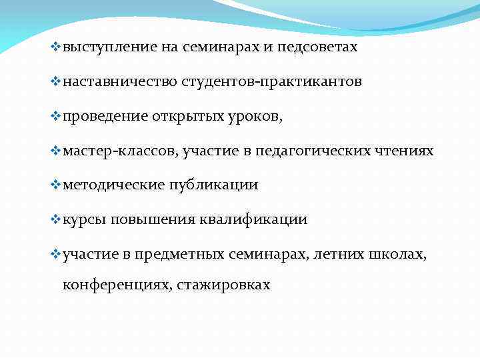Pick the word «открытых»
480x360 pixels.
click(x=183, y=117)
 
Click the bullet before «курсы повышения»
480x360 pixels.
click(x=55, y=219)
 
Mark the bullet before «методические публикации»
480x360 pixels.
click(x=55, y=185)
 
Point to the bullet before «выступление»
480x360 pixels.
click(x=55, y=47)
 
